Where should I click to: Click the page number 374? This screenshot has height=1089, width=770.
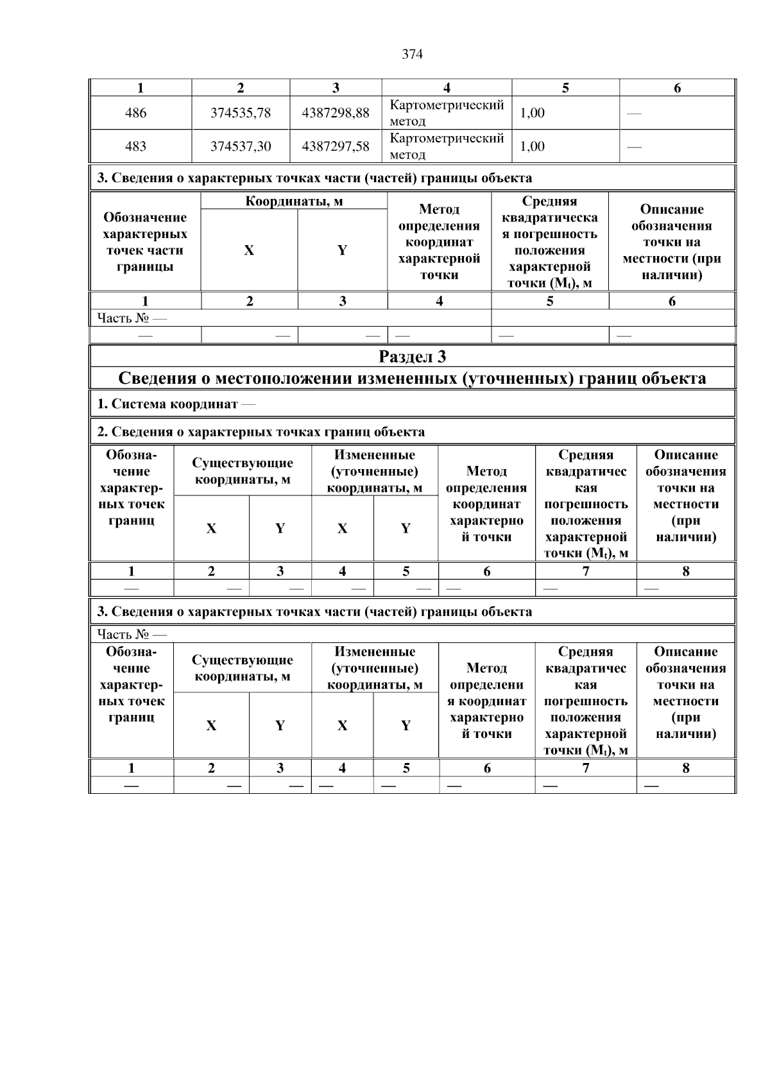[412, 55]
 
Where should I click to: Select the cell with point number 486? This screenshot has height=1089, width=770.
[135, 113]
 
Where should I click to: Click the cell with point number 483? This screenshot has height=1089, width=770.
[135, 146]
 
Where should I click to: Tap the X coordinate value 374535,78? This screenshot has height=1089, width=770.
[241, 113]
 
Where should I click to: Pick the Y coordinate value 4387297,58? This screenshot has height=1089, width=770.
[336, 146]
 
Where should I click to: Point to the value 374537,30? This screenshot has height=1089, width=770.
[241, 146]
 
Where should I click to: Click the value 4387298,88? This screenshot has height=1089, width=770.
[336, 113]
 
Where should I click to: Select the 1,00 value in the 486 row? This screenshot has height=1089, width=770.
[532, 113]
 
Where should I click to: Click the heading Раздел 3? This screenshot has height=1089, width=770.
[412, 356]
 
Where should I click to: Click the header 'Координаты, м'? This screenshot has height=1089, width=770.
[294, 202]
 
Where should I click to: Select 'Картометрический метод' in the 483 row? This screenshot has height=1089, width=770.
[447, 146]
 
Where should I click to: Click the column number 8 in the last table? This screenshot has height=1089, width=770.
[685, 768]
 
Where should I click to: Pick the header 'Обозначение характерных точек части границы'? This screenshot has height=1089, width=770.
[145, 242]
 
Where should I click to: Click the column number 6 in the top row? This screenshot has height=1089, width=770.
[677, 89]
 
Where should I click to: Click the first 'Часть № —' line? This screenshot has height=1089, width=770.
[132, 318]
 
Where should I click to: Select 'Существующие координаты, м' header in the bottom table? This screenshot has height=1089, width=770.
[243, 668]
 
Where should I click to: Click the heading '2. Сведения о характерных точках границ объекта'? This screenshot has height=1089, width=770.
[261, 432]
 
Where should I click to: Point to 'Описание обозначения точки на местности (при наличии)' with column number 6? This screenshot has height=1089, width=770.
[671, 242]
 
